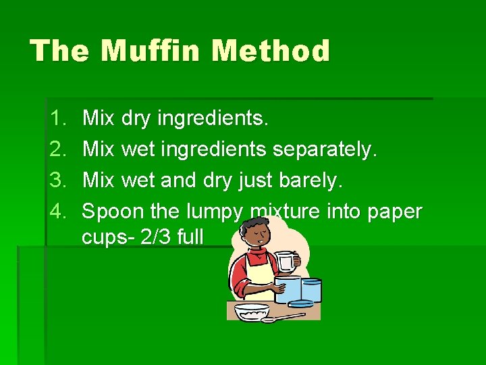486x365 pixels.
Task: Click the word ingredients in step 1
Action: tap(213, 120)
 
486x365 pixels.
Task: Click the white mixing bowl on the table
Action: tap(252, 312)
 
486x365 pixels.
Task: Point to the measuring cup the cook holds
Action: tap(287, 261)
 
